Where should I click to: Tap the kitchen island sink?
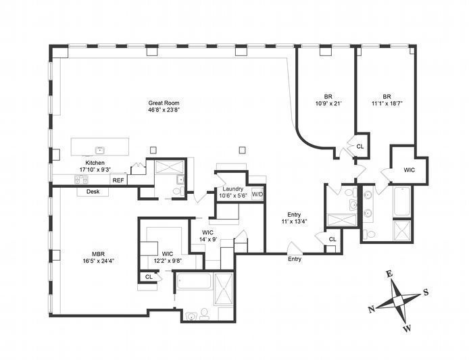pyautogui.click(x=99, y=151)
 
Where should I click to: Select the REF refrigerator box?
pyautogui.click(x=118, y=180)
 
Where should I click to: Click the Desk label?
pyautogui.click(x=93, y=191)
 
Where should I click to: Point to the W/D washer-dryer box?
pyautogui.click(x=257, y=195)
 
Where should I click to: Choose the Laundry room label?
pyautogui.click(x=233, y=189)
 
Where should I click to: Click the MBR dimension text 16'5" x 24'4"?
pyautogui.click(x=99, y=261)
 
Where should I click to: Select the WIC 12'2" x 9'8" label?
pyautogui.click(x=168, y=257)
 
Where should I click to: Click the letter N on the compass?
pyautogui.click(x=372, y=309)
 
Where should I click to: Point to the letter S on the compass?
pyautogui.click(x=425, y=292)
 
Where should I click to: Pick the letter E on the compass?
pyautogui.click(x=389, y=274)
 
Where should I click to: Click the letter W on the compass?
pyautogui.click(x=407, y=329)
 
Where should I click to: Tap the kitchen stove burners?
pyautogui.click(x=81, y=180)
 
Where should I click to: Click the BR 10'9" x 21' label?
pyautogui.click(x=328, y=100)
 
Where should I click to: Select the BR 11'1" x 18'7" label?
pyautogui.click(x=387, y=100)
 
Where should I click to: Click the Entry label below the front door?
pyautogui.click(x=295, y=259)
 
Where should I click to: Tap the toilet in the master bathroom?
pyautogui.click(x=204, y=313)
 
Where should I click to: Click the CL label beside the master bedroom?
pyautogui.click(x=149, y=277)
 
